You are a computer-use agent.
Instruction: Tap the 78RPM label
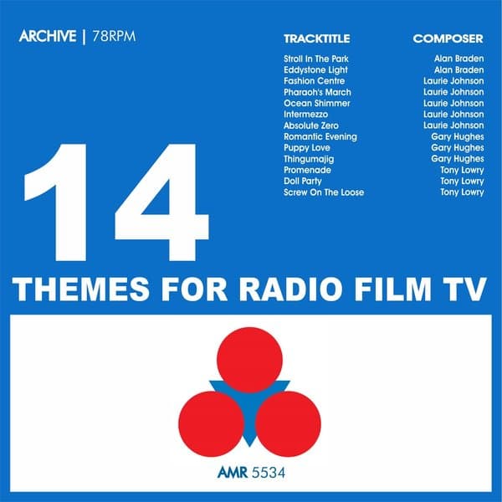[x=113, y=38]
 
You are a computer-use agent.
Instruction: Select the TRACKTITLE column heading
[x=316, y=38]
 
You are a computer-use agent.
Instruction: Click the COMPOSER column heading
[x=448, y=38]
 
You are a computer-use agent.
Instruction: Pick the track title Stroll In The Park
[x=316, y=59]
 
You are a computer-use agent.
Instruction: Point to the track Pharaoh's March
[x=317, y=92]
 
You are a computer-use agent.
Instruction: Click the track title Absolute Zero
[x=310, y=125]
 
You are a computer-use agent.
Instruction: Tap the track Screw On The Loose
[x=324, y=192]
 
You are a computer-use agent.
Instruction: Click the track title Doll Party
[x=303, y=181]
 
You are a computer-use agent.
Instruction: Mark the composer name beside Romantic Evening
[x=457, y=136]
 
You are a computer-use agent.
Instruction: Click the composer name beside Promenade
[x=462, y=170]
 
